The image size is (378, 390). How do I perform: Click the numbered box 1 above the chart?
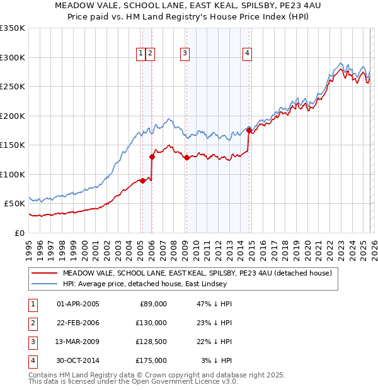point(141,54)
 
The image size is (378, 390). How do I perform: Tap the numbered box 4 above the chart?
point(248,54)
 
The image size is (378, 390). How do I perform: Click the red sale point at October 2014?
point(249,131)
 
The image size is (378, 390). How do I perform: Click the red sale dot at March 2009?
point(186,158)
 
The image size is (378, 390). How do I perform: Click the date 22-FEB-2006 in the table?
point(77,322)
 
